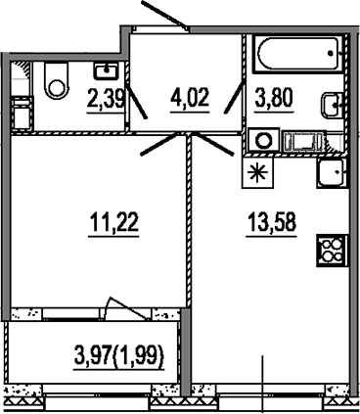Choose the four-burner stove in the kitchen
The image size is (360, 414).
[330, 250]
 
